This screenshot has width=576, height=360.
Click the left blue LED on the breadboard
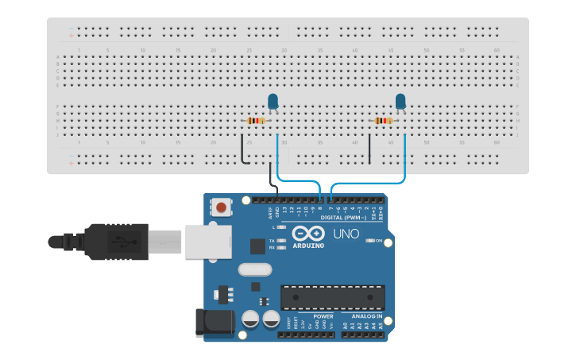(x=273, y=101)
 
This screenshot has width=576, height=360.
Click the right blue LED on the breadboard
(x=400, y=101)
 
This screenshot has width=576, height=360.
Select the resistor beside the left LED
(x=255, y=121)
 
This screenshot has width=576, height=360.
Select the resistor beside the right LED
(x=383, y=121)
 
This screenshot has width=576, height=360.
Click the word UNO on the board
(x=346, y=234)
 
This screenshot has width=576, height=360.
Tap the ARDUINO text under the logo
(x=307, y=246)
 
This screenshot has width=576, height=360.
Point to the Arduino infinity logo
(x=307, y=234)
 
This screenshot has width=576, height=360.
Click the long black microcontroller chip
(x=332, y=297)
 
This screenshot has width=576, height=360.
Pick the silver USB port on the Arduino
(x=207, y=241)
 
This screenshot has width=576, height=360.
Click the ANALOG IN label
(x=362, y=316)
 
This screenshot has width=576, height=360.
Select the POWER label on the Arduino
(x=323, y=316)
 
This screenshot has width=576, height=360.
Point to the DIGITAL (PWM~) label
(x=343, y=217)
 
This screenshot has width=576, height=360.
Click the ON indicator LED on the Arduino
(x=369, y=240)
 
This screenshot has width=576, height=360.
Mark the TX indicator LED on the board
(x=281, y=240)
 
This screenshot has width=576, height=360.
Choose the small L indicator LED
(x=281, y=227)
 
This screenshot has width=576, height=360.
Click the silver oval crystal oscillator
(x=254, y=269)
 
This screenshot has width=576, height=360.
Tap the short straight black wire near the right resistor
(x=369, y=149)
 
